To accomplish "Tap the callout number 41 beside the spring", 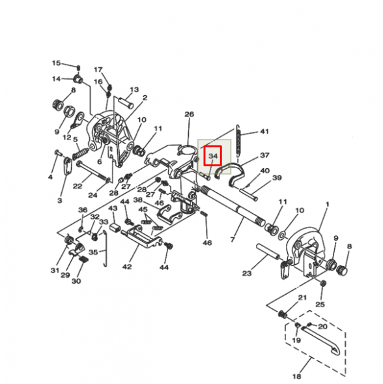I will tap(264, 132).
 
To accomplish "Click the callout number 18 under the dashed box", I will tap(296, 377).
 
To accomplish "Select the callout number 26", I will tap(189, 115).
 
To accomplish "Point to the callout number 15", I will tap(56, 63).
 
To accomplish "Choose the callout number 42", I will tap(127, 265).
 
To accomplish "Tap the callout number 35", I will tap(93, 252).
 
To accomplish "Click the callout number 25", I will tap(319, 304).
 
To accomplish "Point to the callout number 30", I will tap(76, 282).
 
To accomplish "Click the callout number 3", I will tap(59, 201).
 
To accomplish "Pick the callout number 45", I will tap(143, 209).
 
